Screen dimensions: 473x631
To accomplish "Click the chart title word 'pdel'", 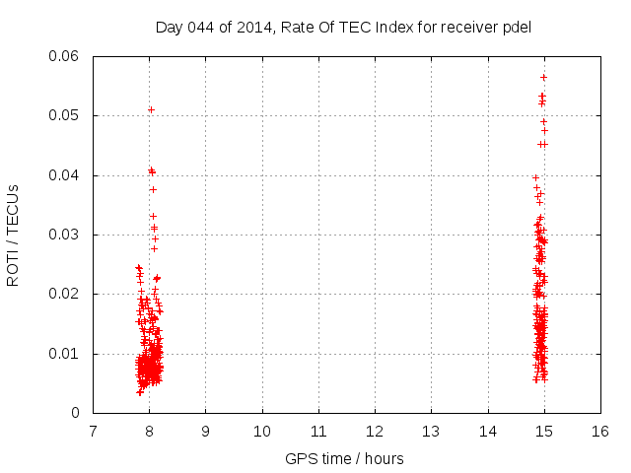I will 517,27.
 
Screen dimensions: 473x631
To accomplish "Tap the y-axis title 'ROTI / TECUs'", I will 13,235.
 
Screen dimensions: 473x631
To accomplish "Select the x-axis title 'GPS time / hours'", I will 344,458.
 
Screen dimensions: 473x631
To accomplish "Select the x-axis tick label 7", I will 93,431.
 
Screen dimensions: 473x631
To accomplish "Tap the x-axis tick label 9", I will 205,431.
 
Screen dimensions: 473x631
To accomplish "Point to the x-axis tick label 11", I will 318,431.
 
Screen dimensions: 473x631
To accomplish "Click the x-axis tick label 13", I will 431,431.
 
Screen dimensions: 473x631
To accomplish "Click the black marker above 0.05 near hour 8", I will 151,109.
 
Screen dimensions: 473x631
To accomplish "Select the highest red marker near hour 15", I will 543,77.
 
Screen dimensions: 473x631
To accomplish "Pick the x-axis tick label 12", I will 375,431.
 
